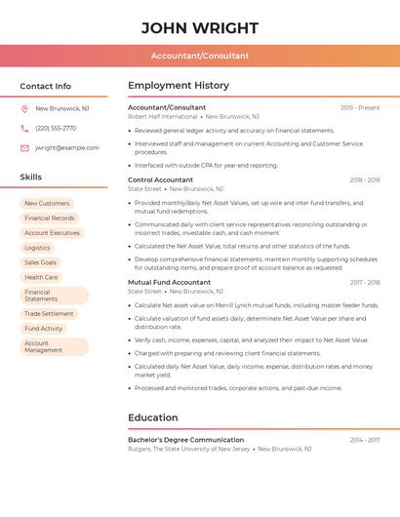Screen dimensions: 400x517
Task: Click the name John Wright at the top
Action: pyautogui.click(x=200, y=27)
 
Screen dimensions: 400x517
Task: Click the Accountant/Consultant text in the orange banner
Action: pyautogui.click(x=200, y=56)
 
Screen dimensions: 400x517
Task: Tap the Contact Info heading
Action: pyautogui.click(x=46, y=86)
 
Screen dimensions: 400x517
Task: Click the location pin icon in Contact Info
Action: pyautogui.click(x=24, y=109)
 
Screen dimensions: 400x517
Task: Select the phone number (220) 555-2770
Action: pyautogui.click(x=56, y=128)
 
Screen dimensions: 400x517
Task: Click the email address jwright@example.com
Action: pyautogui.click(x=67, y=147)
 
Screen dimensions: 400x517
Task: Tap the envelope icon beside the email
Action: pyautogui.click(x=24, y=147)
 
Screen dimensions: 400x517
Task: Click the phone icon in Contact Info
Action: pyautogui.click(x=24, y=128)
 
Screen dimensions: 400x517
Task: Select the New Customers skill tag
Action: pyautogui.click(x=47, y=204)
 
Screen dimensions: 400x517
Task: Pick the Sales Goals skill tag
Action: pyautogui.click(x=41, y=262)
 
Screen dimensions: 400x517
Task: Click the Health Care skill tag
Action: pyautogui.click(x=41, y=277)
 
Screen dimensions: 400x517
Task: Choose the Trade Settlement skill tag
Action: pyautogui.click(x=49, y=314)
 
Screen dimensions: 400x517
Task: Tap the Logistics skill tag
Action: pyautogui.click(x=37, y=248)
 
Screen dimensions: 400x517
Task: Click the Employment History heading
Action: pyautogui.click(x=179, y=86)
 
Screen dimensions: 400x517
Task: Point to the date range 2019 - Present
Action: pyautogui.click(x=360, y=107)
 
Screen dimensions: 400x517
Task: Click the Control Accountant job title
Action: pyautogui.click(x=160, y=179)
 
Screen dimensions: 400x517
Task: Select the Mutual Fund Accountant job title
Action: pyautogui.click(x=169, y=282)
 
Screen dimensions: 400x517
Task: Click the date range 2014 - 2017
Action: pyautogui.click(x=365, y=440)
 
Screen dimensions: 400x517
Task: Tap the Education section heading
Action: pyautogui.click(x=153, y=418)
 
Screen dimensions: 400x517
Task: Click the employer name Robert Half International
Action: pyautogui.click(x=162, y=116)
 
